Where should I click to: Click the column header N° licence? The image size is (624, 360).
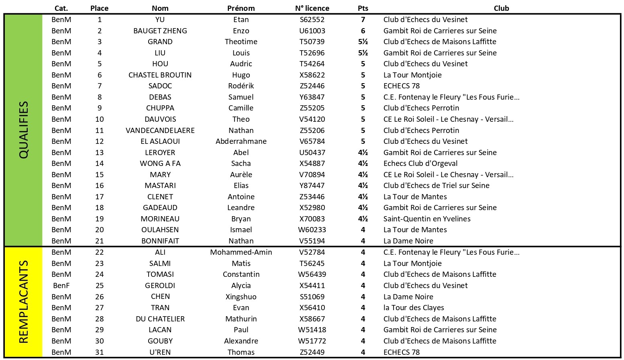(x=312, y=8)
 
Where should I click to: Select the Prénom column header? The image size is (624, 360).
(x=241, y=8)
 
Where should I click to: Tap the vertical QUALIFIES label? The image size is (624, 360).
(x=24, y=130)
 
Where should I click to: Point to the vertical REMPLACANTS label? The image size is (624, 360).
(x=24, y=301)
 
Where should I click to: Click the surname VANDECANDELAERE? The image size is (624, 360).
(x=160, y=130)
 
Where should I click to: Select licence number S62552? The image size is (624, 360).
(x=312, y=19)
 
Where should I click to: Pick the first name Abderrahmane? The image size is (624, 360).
(x=241, y=141)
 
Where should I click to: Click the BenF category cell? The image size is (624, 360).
(x=61, y=285)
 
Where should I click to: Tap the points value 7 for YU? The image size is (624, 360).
(x=363, y=19)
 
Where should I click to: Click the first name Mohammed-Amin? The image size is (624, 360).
(x=241, y=252)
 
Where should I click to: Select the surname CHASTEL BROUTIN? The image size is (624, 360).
(x=160, y=75)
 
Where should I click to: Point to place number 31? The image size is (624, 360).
(x=100, y=352)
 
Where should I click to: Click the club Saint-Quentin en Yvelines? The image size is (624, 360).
(x=427, y=219)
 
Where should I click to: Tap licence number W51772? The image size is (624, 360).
(x=312, y=341)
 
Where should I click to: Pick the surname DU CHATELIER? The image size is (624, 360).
(x=160, y=319)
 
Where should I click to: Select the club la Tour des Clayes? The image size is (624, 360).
(x=414, y=307)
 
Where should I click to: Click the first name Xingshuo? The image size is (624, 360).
(x=241, y=297)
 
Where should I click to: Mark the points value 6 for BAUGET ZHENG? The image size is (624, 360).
(x=363, y=31)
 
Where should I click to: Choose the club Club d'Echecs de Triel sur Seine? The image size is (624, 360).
(x=436, y=185)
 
